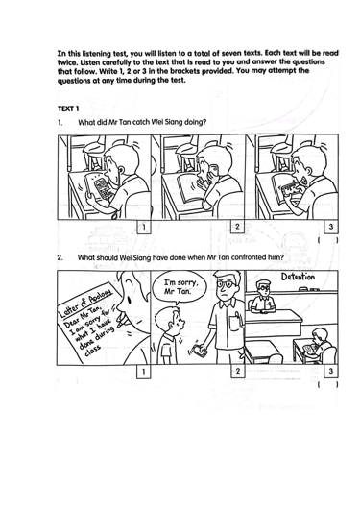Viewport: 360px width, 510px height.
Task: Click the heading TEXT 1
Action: (x=68, y=109)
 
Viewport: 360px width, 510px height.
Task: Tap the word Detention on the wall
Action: (x=298, y=277)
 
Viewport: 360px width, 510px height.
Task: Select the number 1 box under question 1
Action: (x=144, y=227)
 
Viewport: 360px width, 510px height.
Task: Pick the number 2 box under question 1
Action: (x=237, y=227)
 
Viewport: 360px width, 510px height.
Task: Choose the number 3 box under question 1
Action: (x=331, y=227)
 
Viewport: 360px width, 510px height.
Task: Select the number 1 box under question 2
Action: (x=144, y=371)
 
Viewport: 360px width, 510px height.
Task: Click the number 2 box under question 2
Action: (x=237, y=371)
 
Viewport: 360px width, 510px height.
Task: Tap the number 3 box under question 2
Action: (x=331, y=371)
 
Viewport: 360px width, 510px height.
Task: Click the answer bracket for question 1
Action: (x=327, y=240)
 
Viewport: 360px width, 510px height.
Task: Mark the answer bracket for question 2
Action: (x=327, y=385)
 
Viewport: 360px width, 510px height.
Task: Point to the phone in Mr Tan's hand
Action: (x=199, y=350)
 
